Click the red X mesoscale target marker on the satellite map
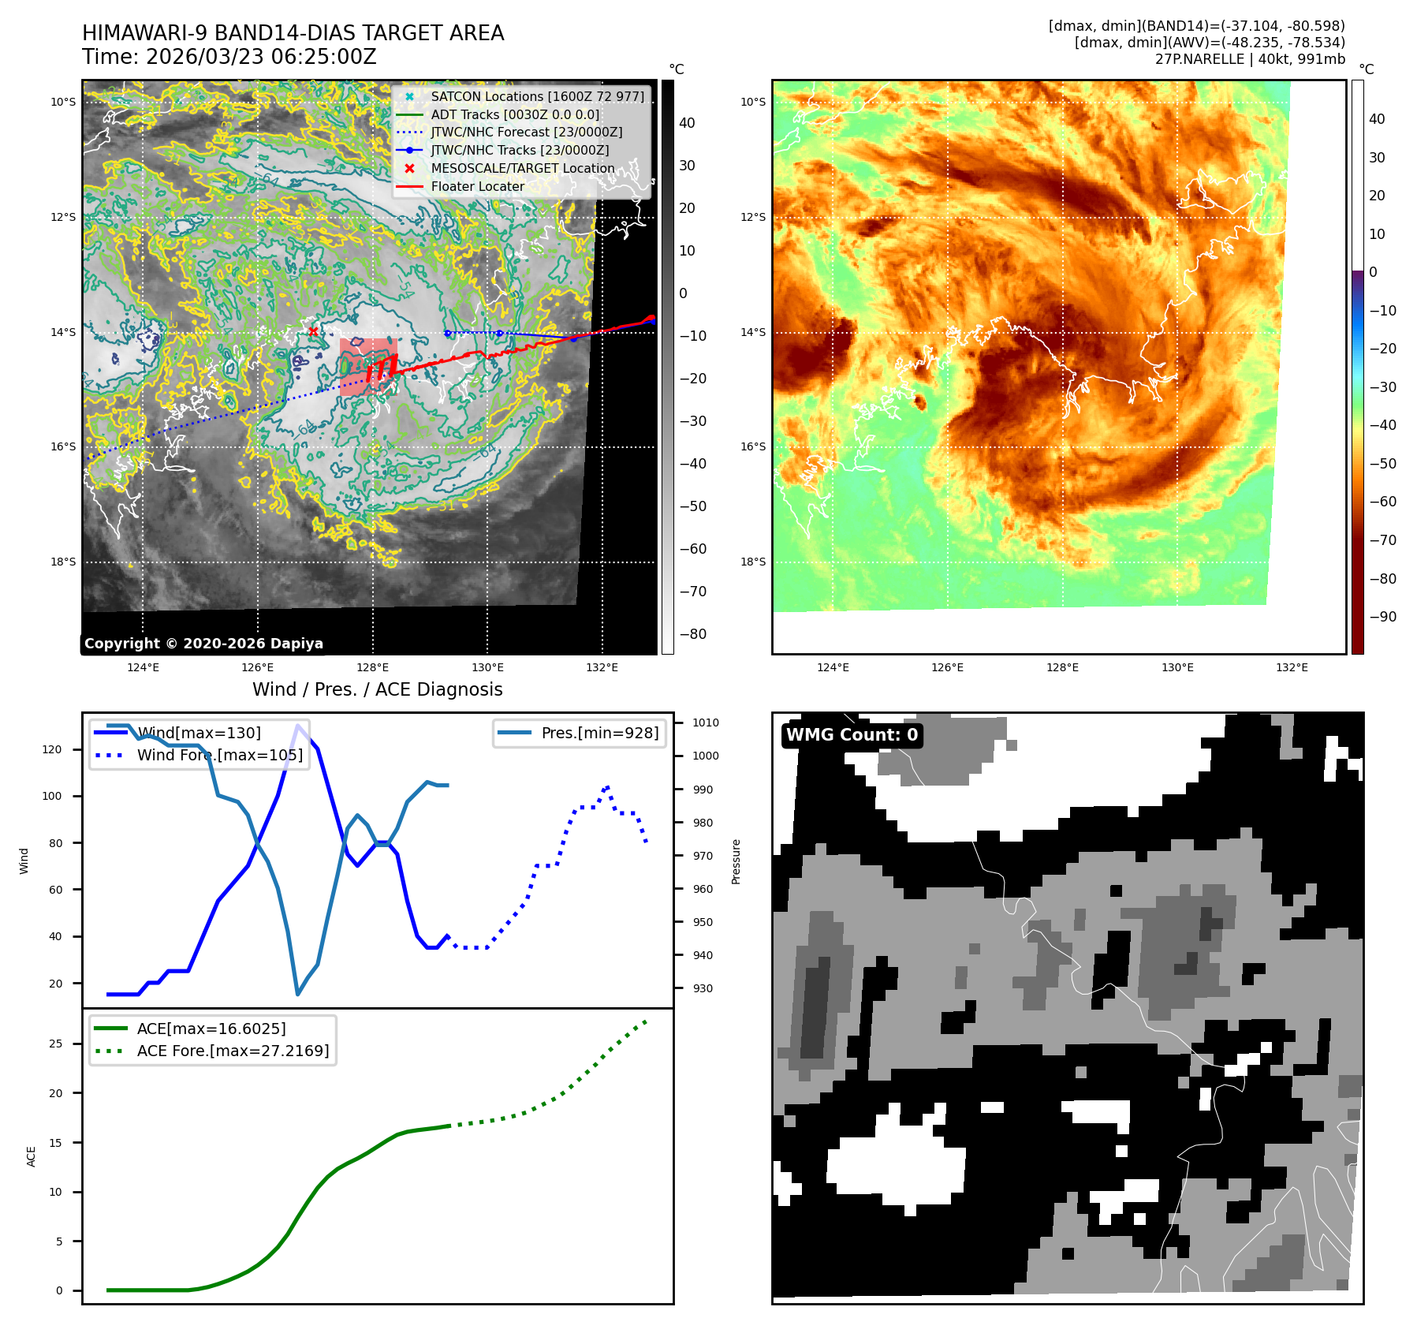[x=313, y=331]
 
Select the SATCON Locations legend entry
[x=536, y=96]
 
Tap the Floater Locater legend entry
[x=477, y=187]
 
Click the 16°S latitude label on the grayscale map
[x=64, y=447]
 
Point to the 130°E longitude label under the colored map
[x=1177, y=668]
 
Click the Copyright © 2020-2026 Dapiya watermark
[x=203, y=644]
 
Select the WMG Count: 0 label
[x=852, y=735]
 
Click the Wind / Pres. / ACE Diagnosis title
[x=377, y=689]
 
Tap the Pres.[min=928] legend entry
[x=599, y=733]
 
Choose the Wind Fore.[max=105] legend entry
[x=219, y=755]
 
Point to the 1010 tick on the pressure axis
[x=705, y=723]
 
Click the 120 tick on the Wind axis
[x=52, y=749]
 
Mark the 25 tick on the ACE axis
[x=56, y=1044]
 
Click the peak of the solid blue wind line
[x=297, y=726]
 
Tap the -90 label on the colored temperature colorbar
[x=1382, y=617]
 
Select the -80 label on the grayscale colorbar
[x=693, y=634]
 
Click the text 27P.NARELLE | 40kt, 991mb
[x=1250, y=59]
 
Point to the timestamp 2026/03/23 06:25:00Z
[x=261, y=58]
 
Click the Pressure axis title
[x=736, y=861]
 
